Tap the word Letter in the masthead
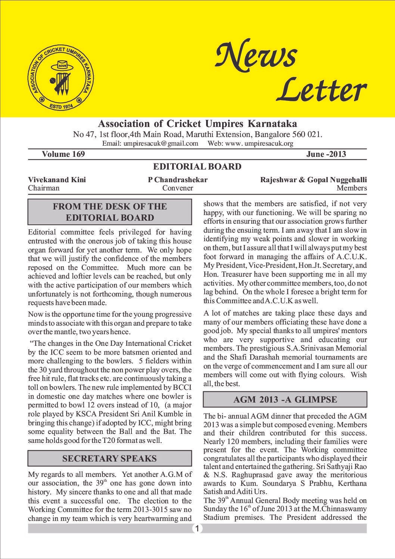(x=321, y=90)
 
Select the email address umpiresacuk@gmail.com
(x=150, y=143)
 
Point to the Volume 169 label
(x=63, y=154)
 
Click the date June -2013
(x=326, y=154)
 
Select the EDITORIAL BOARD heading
(x=197, y=167)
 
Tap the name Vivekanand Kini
(x=57, y=180)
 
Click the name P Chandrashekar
(x=178, y=180)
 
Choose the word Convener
(x=178, y=188)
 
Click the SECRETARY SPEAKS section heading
(x=109, y=459)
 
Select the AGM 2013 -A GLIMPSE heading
(x=285, y=400)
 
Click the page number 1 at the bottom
(x=197, y=528)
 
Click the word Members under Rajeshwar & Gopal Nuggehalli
(x=351, y=188)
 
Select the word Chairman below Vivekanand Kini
(x=44, y=188)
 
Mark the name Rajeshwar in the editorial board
(x=278, y=180)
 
